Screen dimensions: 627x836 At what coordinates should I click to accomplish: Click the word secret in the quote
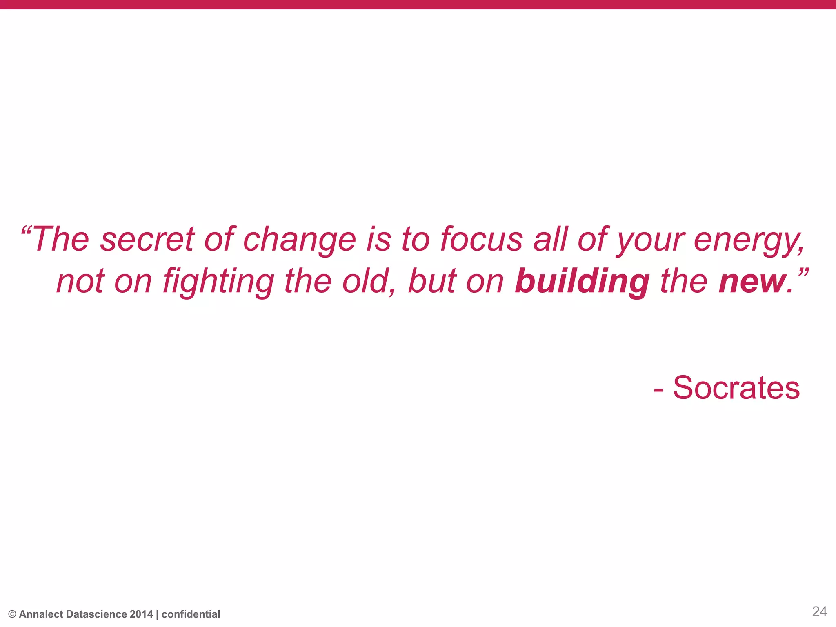(147, 240)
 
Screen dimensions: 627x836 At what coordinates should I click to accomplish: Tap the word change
(299, 240)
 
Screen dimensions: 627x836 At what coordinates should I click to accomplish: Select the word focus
(481, 240)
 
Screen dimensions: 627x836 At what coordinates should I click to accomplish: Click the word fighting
(218, 282)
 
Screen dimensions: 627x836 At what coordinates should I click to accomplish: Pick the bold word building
(582, 282)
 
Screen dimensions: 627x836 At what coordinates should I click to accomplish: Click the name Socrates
(736, 388)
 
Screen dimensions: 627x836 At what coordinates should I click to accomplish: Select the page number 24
(819, 611)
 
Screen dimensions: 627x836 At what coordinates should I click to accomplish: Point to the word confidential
(191, 614)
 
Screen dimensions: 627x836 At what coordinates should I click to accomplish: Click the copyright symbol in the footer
(12, 614)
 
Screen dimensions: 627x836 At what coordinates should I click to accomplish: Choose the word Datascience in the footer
(96, 614)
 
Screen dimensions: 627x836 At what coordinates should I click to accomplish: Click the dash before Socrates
(658, 390)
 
